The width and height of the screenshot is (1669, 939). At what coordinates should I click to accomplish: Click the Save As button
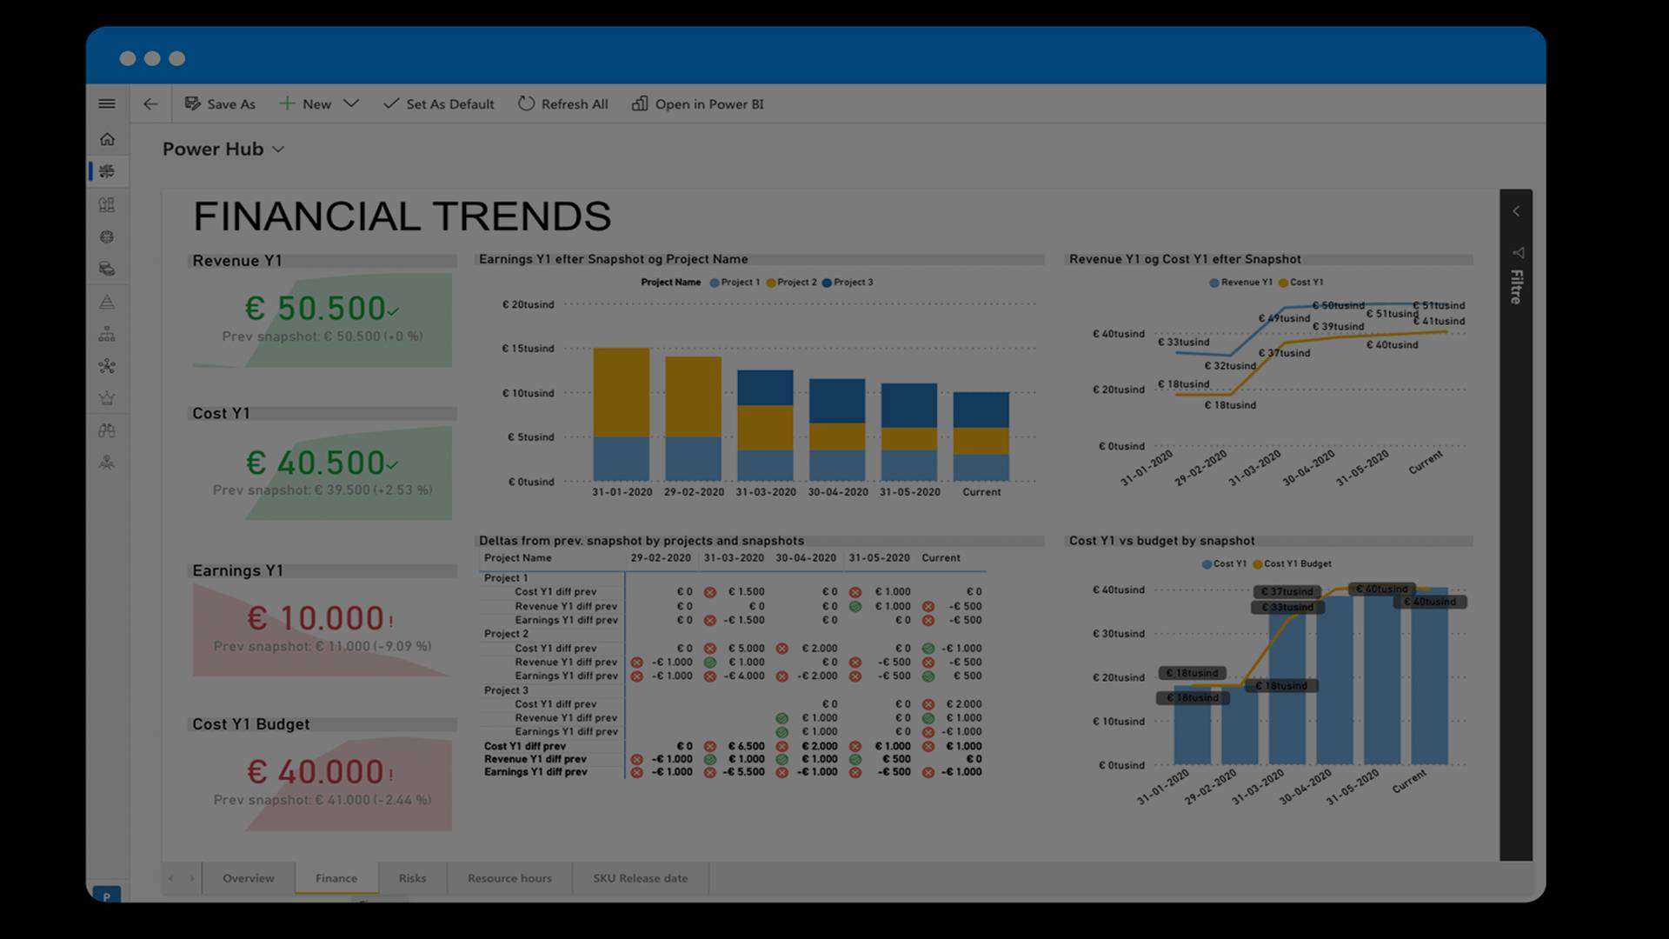point(220,104)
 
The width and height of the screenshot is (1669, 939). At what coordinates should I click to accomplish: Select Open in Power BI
point(698,104)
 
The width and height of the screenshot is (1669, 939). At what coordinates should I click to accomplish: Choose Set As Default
point(439,104)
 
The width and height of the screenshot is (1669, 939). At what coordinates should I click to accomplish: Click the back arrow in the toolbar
point(150,104)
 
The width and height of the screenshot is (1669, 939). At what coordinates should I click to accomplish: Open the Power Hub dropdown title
point(223,150)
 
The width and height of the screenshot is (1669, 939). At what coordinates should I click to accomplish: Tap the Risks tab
point(412,878)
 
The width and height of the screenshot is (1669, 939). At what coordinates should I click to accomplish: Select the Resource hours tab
point(509,878)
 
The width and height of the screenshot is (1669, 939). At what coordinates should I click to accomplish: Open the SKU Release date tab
point(640,878)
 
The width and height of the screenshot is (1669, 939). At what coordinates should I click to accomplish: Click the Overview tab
point(248,878)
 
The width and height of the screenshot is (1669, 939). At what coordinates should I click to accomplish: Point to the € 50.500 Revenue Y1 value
point(316,309)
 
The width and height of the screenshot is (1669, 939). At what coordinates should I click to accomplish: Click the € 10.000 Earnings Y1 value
point(316,618)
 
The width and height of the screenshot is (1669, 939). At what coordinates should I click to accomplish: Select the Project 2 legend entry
point(792,283)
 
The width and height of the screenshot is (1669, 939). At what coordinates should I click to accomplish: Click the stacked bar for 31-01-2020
point(621,414)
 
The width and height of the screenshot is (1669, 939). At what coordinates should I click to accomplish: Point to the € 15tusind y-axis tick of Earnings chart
point(528,349)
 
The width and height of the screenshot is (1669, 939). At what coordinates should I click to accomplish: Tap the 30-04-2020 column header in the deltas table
point(805,558)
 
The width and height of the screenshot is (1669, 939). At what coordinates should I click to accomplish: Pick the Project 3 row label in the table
point(506,690)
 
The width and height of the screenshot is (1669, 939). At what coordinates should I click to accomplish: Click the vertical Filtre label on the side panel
point(1516,286)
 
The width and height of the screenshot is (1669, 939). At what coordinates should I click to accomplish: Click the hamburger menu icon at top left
point(107,104)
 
